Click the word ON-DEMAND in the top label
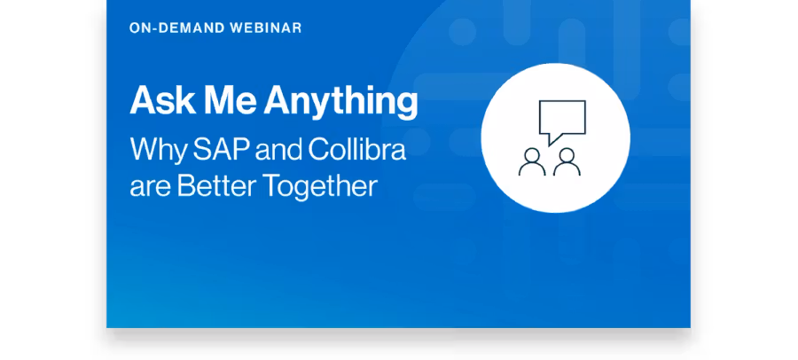(x=176, y=28)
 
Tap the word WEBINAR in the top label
(x=266, y=28)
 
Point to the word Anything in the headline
(x=340, y=103)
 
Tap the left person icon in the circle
(x=532, y=163)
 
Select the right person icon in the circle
(x=567, y=163)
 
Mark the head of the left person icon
(x=532, y=155)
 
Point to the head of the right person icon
(x=567, y=155)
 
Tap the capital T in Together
(x=273, y=185)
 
